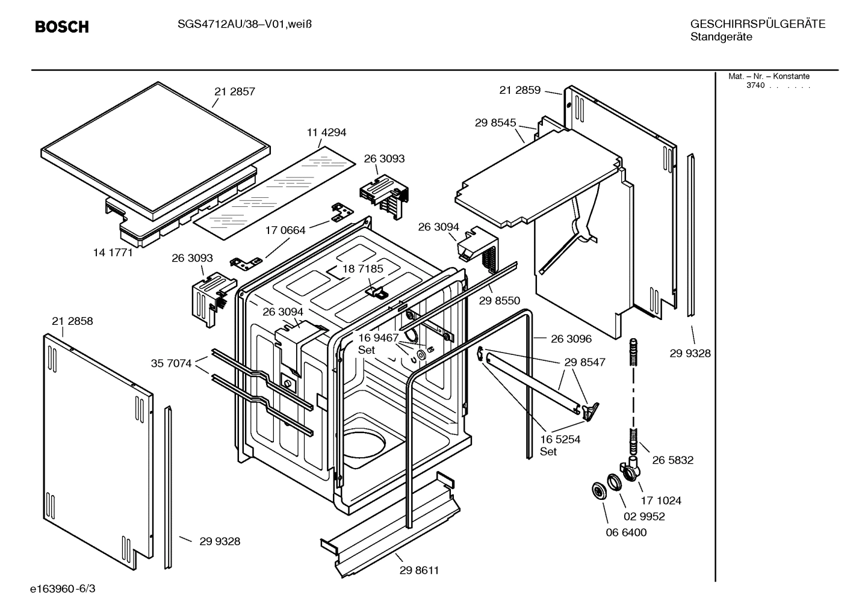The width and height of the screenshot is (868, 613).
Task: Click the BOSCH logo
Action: pos(61,27)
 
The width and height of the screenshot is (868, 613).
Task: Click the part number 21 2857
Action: pos(235,91)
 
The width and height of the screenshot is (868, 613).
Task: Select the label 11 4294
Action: pos(326,132)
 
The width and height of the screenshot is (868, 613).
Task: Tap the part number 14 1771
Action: pos(113,253)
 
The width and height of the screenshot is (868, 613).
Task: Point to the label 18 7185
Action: pos(362,269)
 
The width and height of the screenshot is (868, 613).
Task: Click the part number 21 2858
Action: pos(72,321)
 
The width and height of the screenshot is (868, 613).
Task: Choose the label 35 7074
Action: pos(171,363)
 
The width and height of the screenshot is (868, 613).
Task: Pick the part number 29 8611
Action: pos(419,570)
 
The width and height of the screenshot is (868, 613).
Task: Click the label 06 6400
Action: pos(626,532)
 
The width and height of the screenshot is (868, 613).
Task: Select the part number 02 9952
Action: pos(644,516)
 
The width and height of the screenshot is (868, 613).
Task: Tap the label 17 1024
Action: pos(661,500)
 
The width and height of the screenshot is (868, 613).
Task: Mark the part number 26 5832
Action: pos(672,460)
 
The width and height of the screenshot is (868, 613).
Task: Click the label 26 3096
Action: pos(571,339)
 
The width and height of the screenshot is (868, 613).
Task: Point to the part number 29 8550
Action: pos(500,301)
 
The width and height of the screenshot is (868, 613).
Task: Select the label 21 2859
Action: pos(520,90)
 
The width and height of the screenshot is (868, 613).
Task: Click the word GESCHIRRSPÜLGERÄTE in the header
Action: pos(757,24)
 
